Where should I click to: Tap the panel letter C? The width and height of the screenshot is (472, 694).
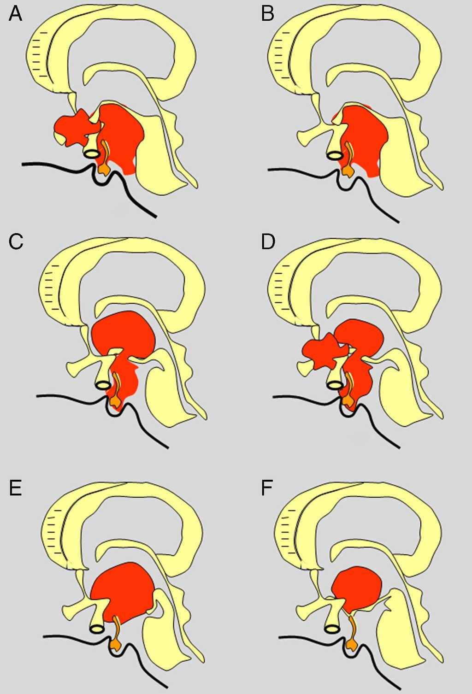(16, 241)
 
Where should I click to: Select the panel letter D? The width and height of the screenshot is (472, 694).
(268, 241)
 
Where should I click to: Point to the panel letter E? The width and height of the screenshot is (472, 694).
(15, 488)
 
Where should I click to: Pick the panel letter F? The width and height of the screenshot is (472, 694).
(267, 488)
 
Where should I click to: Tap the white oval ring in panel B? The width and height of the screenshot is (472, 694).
(335, 156)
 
